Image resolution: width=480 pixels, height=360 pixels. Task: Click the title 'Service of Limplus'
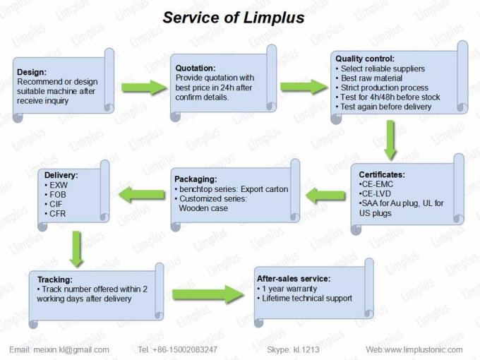pos(234,17)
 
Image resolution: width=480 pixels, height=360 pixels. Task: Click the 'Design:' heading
pos(32,72)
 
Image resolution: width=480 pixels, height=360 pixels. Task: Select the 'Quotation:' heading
pos(196,68)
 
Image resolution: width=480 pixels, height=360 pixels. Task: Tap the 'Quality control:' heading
pos(365,59)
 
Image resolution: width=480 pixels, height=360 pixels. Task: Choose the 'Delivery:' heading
pos(61,174)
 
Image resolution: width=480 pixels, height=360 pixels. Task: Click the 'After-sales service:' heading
pos(293,278)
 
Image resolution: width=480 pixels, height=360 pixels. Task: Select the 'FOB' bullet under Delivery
pos(59,193)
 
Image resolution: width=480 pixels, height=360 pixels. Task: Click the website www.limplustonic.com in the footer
pos(424,349)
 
